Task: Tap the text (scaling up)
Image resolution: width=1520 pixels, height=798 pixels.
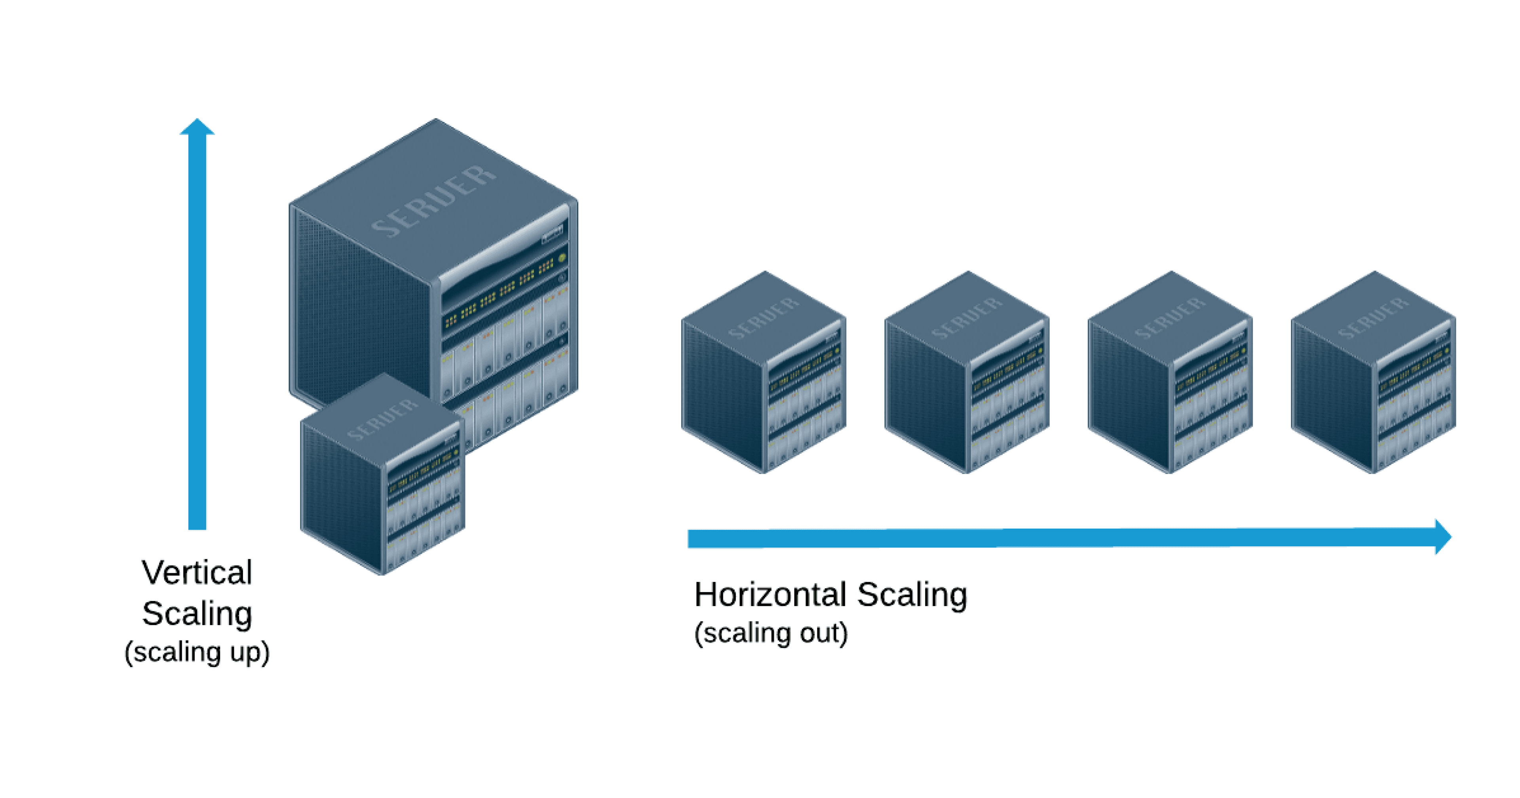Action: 197,652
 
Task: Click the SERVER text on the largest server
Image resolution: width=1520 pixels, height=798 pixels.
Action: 434,201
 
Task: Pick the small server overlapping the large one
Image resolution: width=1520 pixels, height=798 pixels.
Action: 382,478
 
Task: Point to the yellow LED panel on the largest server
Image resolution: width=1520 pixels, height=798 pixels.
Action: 502,295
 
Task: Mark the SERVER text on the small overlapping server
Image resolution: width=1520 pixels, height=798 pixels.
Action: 382,419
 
